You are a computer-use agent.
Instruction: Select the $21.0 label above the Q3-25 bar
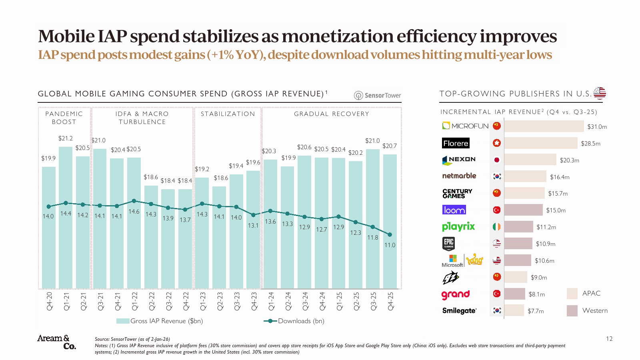pos(372,141)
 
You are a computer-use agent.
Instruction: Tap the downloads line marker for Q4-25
pos(390,235)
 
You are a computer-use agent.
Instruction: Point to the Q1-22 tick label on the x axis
pos(135,301)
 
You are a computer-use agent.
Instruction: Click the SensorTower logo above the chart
pos(378,95)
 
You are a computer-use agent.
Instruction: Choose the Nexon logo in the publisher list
pos(459,160)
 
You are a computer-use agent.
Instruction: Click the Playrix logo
pos(458,227)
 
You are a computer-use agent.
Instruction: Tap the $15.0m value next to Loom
pos(556,210)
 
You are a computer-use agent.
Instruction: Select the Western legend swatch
pos(572,311)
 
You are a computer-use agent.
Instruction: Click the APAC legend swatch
pos(572,294)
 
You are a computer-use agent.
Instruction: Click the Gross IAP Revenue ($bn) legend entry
pos(160,321)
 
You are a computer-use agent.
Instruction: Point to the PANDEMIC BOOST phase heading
pos(64,118)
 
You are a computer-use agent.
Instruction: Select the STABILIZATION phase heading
pos(228,114)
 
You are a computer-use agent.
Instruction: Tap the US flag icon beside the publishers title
pos(600,93)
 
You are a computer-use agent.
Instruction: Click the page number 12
pos(609,339)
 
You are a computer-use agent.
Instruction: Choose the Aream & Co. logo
pos(57,342)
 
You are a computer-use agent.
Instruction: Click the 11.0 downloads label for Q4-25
pos(390,245)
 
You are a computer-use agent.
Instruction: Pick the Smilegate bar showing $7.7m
pos(514,310)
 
